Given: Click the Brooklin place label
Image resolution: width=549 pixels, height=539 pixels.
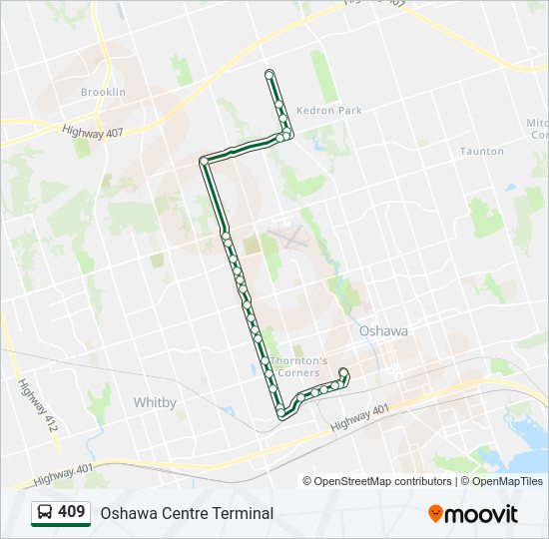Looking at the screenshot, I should point(103,92).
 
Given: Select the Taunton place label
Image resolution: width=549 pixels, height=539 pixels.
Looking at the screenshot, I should point(481,152).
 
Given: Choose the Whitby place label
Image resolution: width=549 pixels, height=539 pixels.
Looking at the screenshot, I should point(155,402).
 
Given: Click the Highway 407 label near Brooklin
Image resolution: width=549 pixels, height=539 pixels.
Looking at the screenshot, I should point(91,130).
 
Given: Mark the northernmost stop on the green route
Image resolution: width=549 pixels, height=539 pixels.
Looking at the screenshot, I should point(269,73).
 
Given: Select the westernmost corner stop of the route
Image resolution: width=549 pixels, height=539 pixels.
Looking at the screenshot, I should point(204,161).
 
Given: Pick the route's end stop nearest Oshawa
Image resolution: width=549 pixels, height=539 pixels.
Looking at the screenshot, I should point(343,372).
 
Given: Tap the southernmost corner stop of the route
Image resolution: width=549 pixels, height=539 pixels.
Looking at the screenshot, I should point(282,411).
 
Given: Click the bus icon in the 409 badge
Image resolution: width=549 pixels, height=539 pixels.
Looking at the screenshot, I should point(45,513).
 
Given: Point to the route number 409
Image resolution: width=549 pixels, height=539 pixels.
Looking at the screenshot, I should point(72,512).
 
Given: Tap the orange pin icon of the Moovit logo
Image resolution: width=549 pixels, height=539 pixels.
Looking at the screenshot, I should point(435,514).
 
